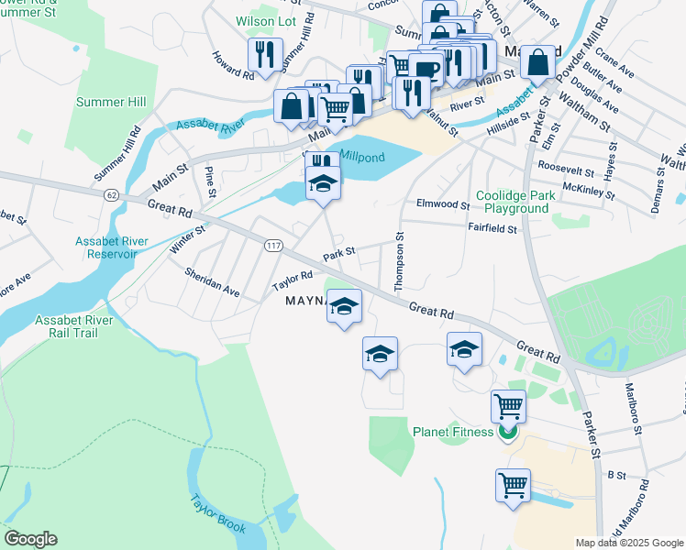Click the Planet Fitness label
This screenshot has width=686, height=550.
453,432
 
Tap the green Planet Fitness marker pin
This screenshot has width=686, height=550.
508,432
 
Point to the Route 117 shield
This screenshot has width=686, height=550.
274,246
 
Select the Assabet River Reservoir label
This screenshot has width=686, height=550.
111,247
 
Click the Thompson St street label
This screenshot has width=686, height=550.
399,262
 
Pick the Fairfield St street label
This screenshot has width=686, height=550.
492,229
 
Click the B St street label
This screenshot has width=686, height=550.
615,475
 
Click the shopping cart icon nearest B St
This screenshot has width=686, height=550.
514,484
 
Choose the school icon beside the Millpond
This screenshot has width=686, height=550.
323,183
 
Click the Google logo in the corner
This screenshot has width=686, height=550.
29,539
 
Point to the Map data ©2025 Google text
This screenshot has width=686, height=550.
628,543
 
